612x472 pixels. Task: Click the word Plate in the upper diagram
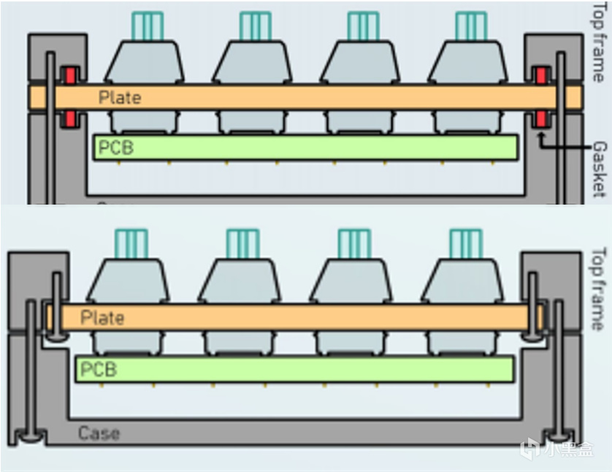(x=120, y=97)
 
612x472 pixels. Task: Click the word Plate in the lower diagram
(x=102, y=318)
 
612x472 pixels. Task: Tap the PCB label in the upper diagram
(x=116, y=147)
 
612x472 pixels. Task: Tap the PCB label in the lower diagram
(x=99, y=369)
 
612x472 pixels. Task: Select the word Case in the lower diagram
(x=99, y=434)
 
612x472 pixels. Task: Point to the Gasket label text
(x=599, y=169)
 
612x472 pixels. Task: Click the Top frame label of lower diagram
(x=598, y=289)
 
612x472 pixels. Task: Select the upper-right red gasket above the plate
(x=541, y=75)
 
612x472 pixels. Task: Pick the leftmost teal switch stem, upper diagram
(x=147, y=26)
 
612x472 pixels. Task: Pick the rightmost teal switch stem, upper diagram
(x=471, y=26)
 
